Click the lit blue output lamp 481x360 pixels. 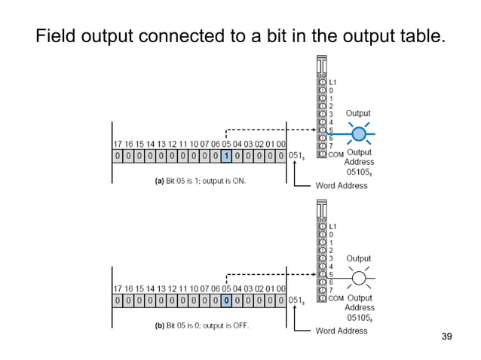tap(359, 134)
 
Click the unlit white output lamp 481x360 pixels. tap(359, 279)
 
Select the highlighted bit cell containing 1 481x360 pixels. tap(226, 156)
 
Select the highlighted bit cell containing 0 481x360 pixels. tap(226, 300)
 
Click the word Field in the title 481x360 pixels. tap(55, 35)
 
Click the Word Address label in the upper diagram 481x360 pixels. tap(342, 185)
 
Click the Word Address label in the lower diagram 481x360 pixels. tap(342, 330)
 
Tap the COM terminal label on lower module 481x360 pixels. tap(335, 297)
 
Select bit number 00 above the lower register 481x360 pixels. tap(280, 288)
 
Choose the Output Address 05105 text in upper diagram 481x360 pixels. tap(359, 163)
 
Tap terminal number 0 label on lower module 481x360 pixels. tap(331, 234)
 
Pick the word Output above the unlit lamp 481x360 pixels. tap(358, 258)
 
